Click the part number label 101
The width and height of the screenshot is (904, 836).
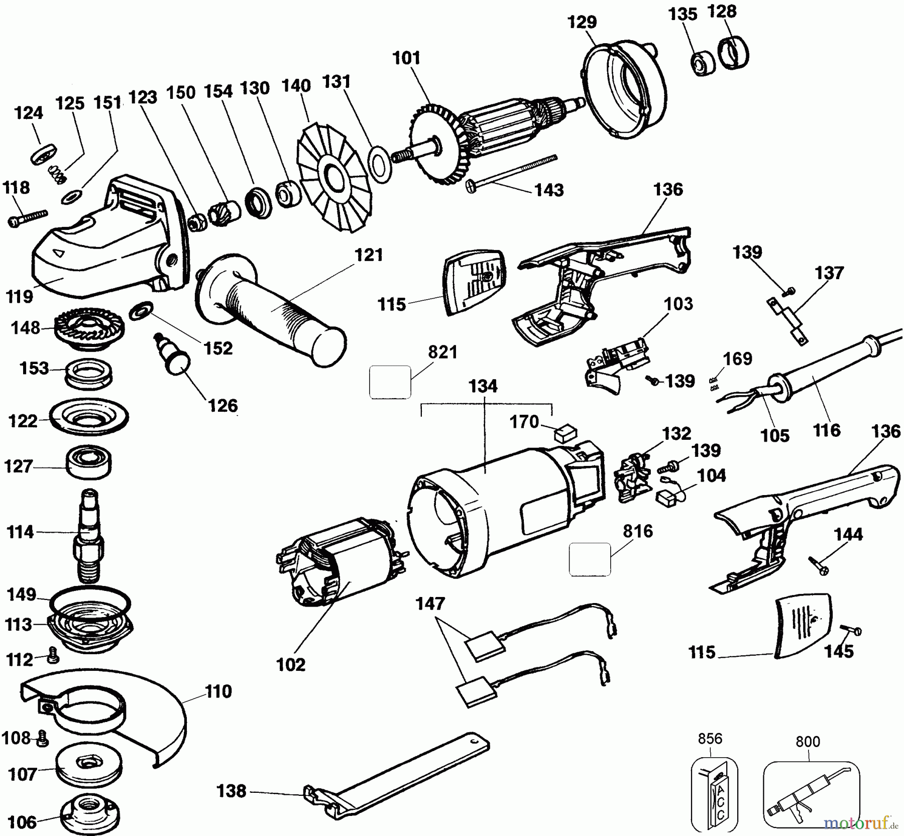406,58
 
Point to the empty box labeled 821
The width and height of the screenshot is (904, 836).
390,383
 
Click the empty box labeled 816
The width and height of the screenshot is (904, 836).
590,559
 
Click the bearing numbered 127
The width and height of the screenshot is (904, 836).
88,463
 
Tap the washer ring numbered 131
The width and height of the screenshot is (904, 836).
380,164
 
